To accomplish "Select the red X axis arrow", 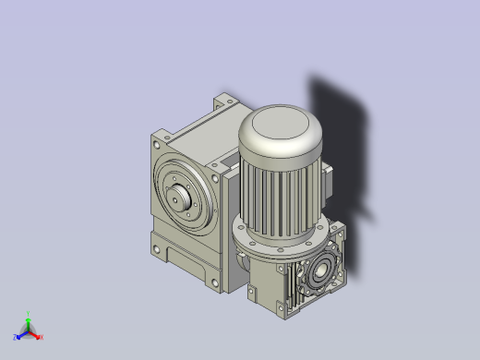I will [x=36, y=334].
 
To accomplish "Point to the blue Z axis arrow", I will [x=19, y=335].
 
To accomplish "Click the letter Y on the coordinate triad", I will [x=29, y=313].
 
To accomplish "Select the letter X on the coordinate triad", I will [x=42, y=337].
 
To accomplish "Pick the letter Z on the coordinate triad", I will [x=15, y=338].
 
